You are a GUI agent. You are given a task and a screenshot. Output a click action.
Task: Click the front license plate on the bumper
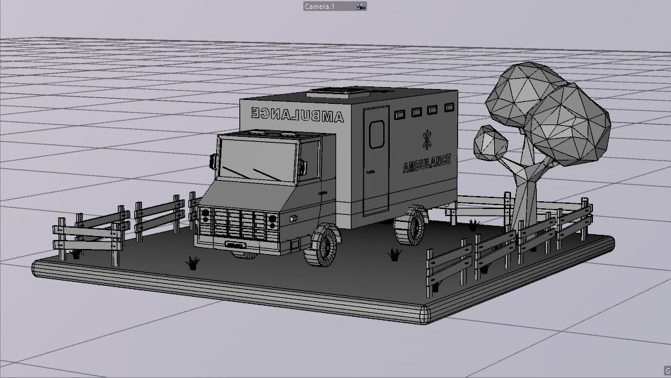click(235, 245)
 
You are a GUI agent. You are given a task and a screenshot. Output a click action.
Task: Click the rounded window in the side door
click(377, 133)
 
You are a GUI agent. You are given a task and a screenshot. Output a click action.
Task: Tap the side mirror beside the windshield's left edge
click(212, 161)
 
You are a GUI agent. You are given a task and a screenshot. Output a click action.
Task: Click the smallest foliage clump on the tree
click(491, 143)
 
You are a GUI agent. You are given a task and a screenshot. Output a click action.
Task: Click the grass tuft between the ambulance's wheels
click(394, 255)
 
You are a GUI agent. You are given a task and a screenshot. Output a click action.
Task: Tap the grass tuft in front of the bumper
click(192, 263)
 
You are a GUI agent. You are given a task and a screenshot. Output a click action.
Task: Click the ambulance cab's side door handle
click(322, 193)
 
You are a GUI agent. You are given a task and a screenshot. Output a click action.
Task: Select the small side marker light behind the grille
click(293, 219)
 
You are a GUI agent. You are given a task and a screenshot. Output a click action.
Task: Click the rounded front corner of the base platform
click(426, 314)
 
